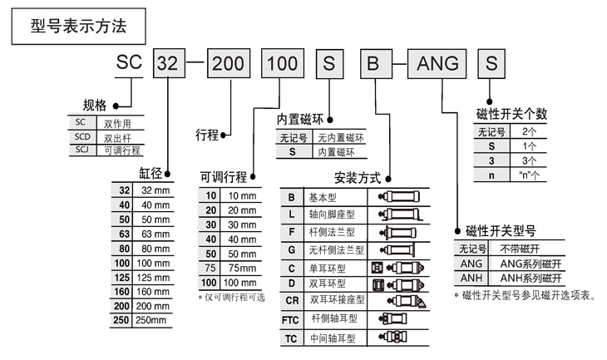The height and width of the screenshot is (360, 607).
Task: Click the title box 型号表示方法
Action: click(x=79, y=26)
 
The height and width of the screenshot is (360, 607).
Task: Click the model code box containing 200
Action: click(x=226, y=63)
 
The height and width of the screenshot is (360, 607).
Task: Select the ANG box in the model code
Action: click(x=437, y=63)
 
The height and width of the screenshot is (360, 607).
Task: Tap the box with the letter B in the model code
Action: click(x=373, y=63)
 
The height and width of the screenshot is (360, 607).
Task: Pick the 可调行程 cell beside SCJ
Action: click(x=122, y=150)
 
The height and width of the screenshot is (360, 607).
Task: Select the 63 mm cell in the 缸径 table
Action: click(x=155, y=234)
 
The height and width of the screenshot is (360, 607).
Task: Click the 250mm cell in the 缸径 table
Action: click(x=155, y=320)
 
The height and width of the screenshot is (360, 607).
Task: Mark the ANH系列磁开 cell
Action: click(x=529, y=279)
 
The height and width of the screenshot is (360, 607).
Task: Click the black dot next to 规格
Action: click(x=116, y=106)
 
